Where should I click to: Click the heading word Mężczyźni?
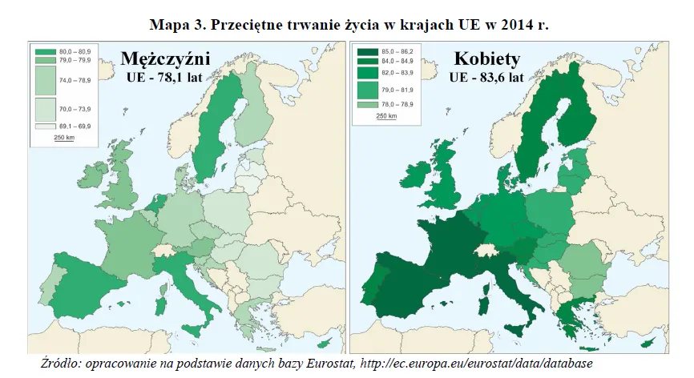click(x=165, y=60)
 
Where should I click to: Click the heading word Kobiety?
click(x=486, y=60)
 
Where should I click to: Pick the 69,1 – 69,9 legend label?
click(x=75, y=126)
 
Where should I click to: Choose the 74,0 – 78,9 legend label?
click(x=75, y=80)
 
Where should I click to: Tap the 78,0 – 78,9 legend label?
click(x=395, y=104)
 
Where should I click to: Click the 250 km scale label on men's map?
click(x=64, y=139)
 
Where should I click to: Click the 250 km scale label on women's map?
click(x=386, y=116)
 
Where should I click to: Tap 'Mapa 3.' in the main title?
click(x=188, y=24)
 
